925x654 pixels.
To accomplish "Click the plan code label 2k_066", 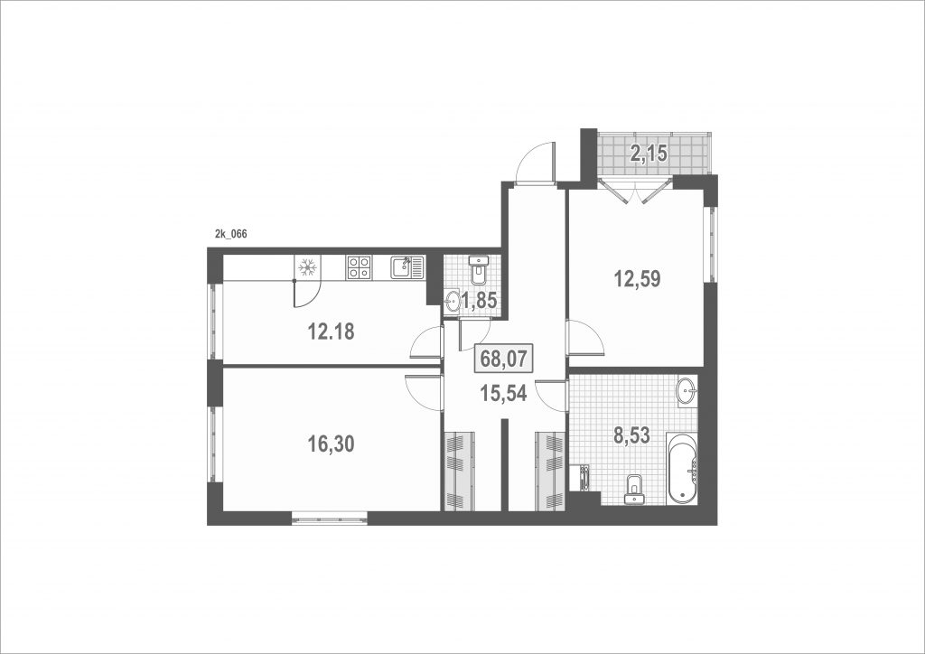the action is [x=230, y=234].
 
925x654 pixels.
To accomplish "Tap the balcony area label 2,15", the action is [x=649, y=154].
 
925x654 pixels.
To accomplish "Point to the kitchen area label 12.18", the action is [x=331, y=332].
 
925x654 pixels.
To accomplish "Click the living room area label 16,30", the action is [x=331, y=444].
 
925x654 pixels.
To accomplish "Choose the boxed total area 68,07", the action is [x=503, y=359].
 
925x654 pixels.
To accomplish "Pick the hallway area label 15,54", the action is [x=503, y=393].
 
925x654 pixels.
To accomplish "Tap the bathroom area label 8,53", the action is [x=631, y=436].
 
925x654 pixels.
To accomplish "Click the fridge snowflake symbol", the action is [x=307, y=267].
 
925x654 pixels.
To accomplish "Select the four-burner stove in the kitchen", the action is [x=359, y=267].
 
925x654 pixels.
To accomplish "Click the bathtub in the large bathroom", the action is [x=682, y=470].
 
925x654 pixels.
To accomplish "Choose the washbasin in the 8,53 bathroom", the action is [x=687, y=391].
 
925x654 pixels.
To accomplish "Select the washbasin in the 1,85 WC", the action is [x=453, y=302].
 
